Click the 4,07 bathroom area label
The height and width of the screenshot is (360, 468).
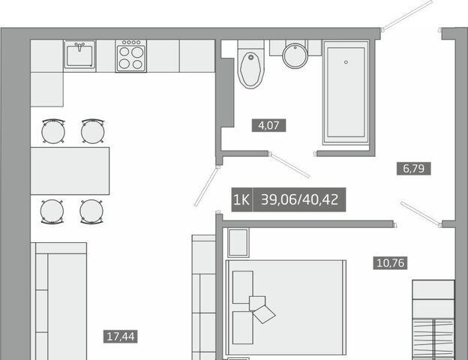tap(269, 125)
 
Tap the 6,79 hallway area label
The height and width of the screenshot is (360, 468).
tap(413, 168)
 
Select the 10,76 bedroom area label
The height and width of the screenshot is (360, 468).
tap(391, 263)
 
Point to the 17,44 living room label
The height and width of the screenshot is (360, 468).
tap(121, 337)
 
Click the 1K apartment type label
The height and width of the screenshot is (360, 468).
tap(242, 199)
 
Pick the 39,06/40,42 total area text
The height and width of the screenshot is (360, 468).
tap(300, 199)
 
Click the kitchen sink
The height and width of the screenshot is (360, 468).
tap(79, 55)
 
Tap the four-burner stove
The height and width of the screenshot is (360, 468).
tap(131, 55)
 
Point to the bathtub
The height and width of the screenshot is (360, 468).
tap(346, 92)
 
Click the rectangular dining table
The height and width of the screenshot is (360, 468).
tap(70, 171)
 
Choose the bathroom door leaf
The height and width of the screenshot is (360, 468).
tap(289, 165)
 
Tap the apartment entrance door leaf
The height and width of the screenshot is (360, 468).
tap(407, 16)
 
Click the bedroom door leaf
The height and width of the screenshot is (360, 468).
tap(421, 214)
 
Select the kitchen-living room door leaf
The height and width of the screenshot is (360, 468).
tap(207, 186)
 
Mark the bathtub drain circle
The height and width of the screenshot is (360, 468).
tap(346, 62)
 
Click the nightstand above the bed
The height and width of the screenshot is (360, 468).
tap(238, 243)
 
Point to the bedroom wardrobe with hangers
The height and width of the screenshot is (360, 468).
tap(433, 320)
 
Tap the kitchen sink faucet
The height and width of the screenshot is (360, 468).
tap(79, 46)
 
